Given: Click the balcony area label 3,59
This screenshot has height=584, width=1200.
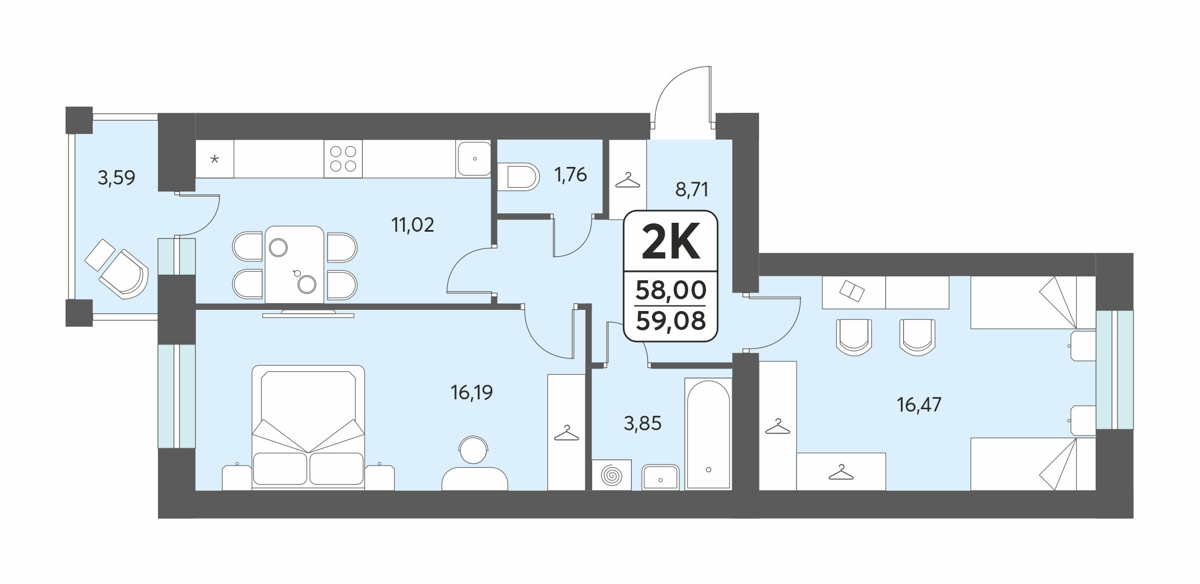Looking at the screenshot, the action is tap(116, 178).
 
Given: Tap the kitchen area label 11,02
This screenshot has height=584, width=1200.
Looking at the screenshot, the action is tap(412, 225).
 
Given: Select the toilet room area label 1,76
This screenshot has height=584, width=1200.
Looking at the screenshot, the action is tap(570, 175).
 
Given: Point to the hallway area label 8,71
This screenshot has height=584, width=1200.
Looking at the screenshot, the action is tap(692, 190).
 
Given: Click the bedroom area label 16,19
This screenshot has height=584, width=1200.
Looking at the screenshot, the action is tap(472, 392).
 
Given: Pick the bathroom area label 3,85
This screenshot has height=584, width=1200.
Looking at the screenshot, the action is tap(642, 423).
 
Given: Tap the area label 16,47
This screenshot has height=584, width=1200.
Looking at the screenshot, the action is tap(919, 404).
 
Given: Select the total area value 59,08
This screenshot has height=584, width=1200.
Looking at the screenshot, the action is tap(671, 321).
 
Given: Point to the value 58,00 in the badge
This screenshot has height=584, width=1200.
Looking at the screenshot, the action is tap(671, 290).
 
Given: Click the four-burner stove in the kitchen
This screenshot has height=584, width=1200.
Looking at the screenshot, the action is tap(343, 158).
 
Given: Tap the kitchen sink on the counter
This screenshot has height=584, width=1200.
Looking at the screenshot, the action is tap(474, 158).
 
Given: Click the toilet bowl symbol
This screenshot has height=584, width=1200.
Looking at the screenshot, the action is tap(519, 178).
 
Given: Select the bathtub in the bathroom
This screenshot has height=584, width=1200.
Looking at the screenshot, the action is tap(708, 434).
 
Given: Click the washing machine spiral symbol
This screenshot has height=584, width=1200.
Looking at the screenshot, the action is tap(612, 475).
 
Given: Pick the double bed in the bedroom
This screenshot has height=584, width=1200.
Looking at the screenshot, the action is tap(308, 428).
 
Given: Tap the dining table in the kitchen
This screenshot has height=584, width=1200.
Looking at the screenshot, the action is tap(295, 265).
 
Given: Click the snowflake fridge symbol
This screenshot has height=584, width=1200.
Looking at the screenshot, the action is tap(214, 159).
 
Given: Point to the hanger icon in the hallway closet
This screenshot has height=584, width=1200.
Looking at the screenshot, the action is tap(627, 180).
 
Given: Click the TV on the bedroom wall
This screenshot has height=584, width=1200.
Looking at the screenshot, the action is tap(308, 313).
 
